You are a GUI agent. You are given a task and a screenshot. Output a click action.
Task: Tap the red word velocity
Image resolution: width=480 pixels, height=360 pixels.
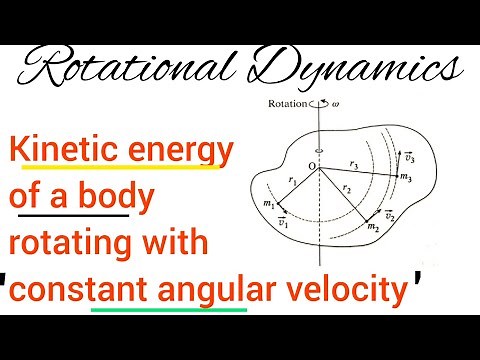[x=355, y=292]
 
